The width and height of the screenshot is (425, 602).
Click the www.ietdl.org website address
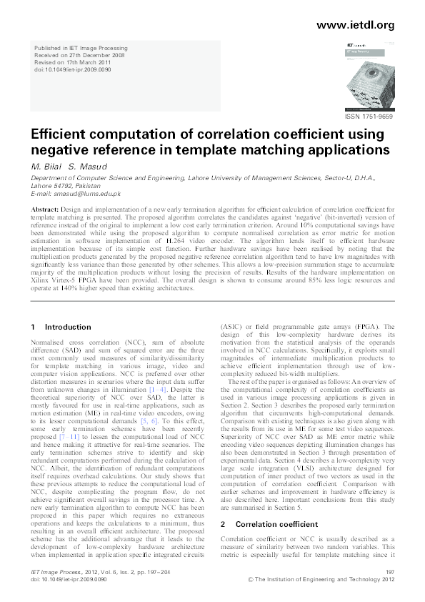(354, 25)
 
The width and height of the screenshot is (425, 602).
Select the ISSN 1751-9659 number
(369, 116)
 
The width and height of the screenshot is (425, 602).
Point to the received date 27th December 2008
(92, 55)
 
